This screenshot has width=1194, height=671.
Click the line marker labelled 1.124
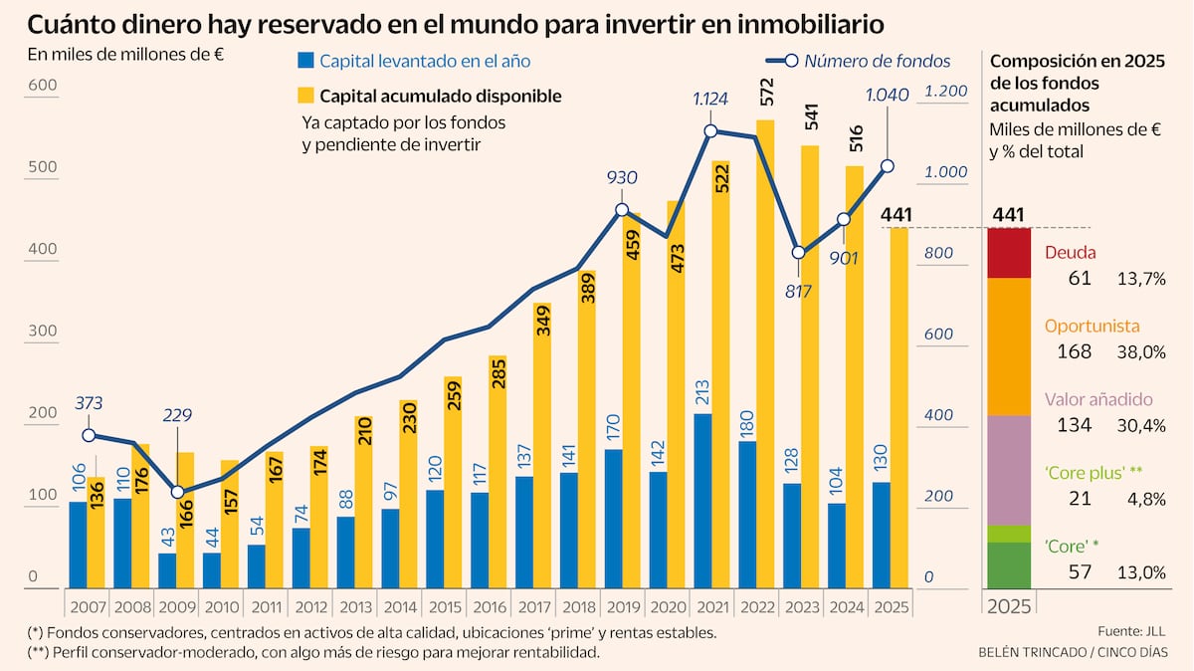pyautogui.click(x=711, y=131)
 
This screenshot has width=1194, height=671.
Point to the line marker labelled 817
pyautogui.click(x=799, y=253)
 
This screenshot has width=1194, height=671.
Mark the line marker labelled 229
pyautogui.click(x=177, y=492)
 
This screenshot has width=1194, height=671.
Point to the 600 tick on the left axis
pyautogui.click(x=41, y=86)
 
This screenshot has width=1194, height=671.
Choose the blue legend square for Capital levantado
pyautogui.click(x=305, y=62)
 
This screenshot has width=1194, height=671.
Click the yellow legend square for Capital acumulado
pyautogui.click(x=305, y=96)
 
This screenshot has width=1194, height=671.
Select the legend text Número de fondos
pyautogui.click(x=877, y=62)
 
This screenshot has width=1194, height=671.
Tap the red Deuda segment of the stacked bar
pyautogui.click(x=1009, y=253)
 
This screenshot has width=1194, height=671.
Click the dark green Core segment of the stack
pyautogui.click(x=1009, y=564)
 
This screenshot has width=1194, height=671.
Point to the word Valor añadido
pyautogui.click(x=1097, y=399)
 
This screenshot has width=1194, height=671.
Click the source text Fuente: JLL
pyautogui.click(x=1131, y=631)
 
